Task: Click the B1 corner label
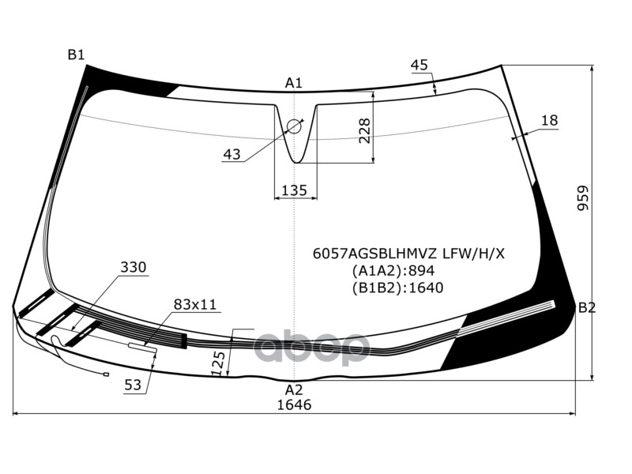point(76,55)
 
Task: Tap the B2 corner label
point(586,307)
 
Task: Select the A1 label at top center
point(294,83)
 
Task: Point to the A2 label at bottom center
point(294,389)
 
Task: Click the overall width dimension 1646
point(294,404)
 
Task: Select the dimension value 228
point(364,130)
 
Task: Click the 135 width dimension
point(294,190)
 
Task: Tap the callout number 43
point(231,155)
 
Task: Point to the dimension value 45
point(419,65)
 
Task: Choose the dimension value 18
point(549,120)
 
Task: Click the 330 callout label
point(134,268)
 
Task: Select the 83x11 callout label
point(195,304)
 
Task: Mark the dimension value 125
point(219,362)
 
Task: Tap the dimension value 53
point(133,386)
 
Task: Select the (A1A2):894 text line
point(393,270)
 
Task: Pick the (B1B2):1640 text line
point(397,287)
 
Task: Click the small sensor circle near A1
point(295,126)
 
